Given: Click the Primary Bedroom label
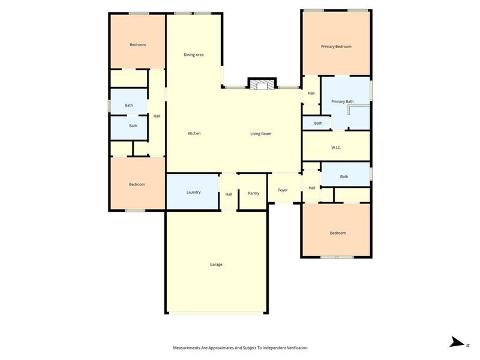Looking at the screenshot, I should point(336,46).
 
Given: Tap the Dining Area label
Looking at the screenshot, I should point(194,55).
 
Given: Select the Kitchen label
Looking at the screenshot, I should point(194,133).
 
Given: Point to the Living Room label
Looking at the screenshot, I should point(261,133).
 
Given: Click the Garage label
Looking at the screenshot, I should point(216,264).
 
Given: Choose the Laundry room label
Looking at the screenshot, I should point(193,192).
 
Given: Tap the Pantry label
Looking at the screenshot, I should point(253,193).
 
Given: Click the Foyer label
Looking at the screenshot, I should point(283,190).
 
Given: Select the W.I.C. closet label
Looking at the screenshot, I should point(336,148).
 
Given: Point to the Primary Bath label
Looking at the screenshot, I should point(342,101).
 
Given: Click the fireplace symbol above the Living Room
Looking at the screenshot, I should point(261,84).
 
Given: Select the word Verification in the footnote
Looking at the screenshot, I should point(294,348).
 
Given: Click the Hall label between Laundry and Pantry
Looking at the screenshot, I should point(229,194).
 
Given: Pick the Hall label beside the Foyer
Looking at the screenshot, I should point(312,188).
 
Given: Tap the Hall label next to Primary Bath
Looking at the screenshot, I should point(311,93).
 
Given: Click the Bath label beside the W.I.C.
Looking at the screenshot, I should point(344,176).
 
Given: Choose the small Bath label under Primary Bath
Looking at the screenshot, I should point(318,123).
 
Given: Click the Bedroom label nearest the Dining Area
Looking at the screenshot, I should point(137,44).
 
